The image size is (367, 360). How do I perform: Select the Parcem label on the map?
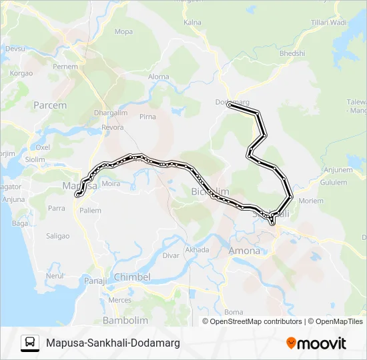click(x=50, y=105)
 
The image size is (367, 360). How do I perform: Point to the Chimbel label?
click(x=133, y=277)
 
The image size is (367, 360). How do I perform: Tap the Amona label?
click(x=244, y=251)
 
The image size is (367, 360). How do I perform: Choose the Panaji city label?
click(x=95, y=281)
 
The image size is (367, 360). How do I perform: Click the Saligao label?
click(x=58, y=235)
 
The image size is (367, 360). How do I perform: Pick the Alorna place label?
click(x=159, y=77)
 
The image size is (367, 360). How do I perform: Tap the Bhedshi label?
click(x=292, y=53)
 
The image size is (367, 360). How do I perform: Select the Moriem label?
click(x=311, y=201)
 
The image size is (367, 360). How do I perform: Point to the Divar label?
click(x=171, y=255)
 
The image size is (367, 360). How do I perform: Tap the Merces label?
click(x=120, y=300)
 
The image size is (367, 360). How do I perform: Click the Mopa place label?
click(x=123, y=31)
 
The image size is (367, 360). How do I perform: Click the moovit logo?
click(x=316, y=343)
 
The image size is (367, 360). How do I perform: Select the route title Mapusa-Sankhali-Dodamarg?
click(x=113, y=343)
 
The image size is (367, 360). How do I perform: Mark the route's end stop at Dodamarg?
click(x=230, y=105)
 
